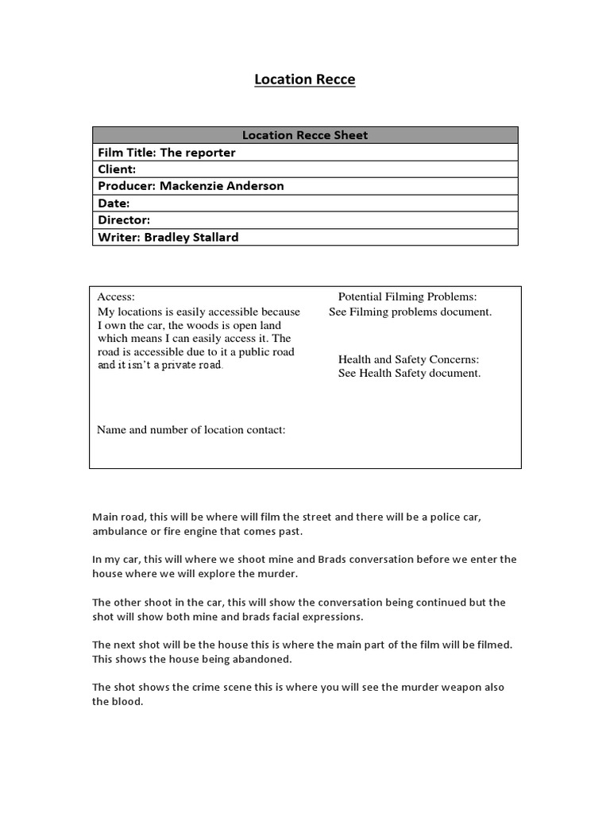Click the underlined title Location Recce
coord(305,79)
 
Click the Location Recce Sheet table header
coord(305,135)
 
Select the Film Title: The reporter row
coord(167,153)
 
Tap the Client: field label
coord(117,169)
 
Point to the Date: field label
coord(114,203)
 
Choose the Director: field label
coord(124,220)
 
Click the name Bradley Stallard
coord(191,237)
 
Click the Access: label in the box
coord(116,297)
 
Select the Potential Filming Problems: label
coord(407,297)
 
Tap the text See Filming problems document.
coord(411,312)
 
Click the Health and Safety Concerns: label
coord(408,359)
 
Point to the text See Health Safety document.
coord(409,373)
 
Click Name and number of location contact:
coord(191,430)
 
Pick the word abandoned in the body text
coord(264,659)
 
